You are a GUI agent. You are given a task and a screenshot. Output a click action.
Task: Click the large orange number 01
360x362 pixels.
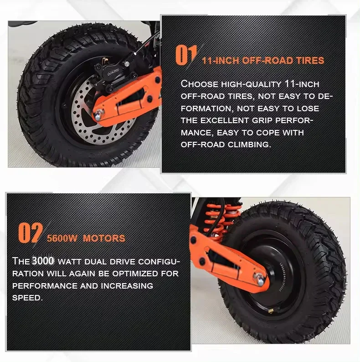coord(186,55)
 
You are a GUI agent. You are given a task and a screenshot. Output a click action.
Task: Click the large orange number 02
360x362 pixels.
coord(31,233)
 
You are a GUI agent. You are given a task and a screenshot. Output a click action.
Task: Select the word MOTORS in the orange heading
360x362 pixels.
coord(104,238)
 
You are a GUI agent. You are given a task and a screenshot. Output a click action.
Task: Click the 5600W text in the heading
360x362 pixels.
coord(62,238)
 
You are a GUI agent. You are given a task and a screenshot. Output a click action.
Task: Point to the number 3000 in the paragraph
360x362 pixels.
coord(43,261)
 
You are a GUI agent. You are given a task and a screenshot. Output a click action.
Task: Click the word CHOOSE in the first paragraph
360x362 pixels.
coord(200,84)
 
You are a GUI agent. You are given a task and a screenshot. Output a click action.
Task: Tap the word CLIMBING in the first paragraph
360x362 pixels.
coord(249,145)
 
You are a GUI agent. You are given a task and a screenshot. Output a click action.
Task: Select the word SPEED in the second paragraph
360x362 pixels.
coord(27,298)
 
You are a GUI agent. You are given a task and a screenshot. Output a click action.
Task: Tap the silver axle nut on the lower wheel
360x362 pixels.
coord(259,279)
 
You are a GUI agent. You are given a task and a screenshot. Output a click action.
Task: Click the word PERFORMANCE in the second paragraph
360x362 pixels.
coord(45,286)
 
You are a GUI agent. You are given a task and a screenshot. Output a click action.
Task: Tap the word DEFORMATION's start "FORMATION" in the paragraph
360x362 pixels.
coord(207,109)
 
